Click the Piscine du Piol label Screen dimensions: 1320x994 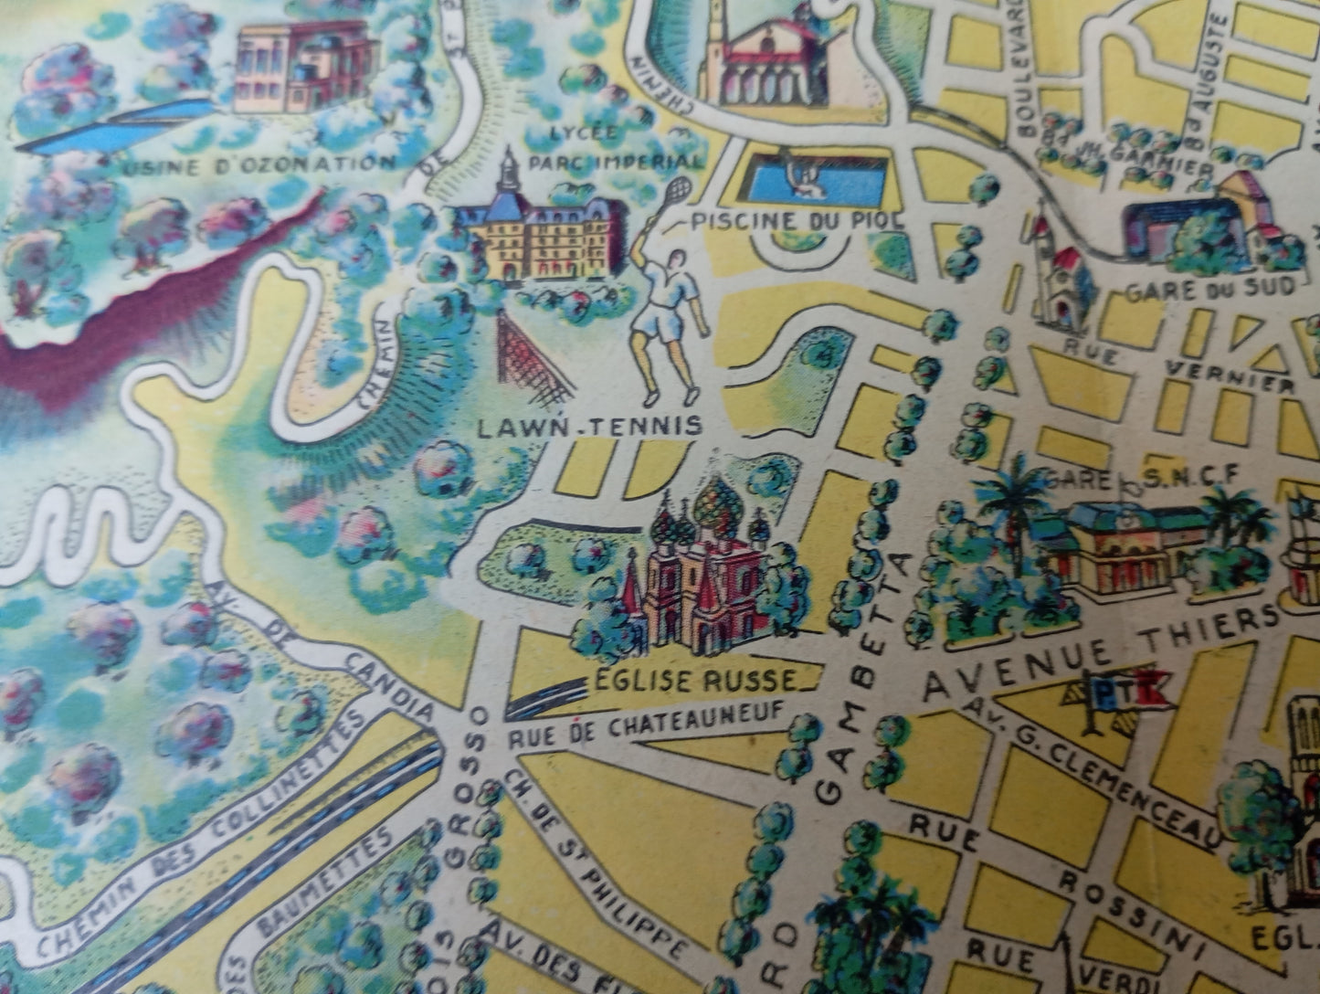pyautogui.click(x=797, y=220)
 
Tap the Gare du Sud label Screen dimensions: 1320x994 pyautogui.click(x=1209, y=288)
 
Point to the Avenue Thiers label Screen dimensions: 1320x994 pyautogui.click(x=1097, y=650)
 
